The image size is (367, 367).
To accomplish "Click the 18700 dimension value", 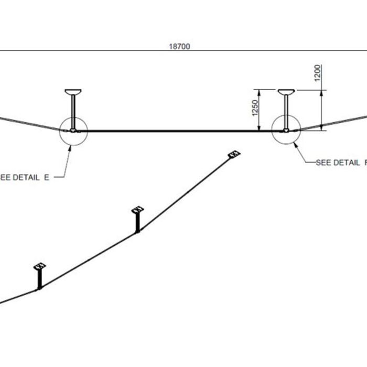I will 179,46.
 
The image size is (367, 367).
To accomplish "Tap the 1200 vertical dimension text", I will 318,73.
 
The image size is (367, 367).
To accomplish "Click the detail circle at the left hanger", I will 73,130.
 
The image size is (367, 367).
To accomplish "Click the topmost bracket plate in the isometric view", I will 234,154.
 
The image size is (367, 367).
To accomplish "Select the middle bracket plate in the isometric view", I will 137,210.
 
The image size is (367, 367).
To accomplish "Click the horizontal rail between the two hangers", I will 178,131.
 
